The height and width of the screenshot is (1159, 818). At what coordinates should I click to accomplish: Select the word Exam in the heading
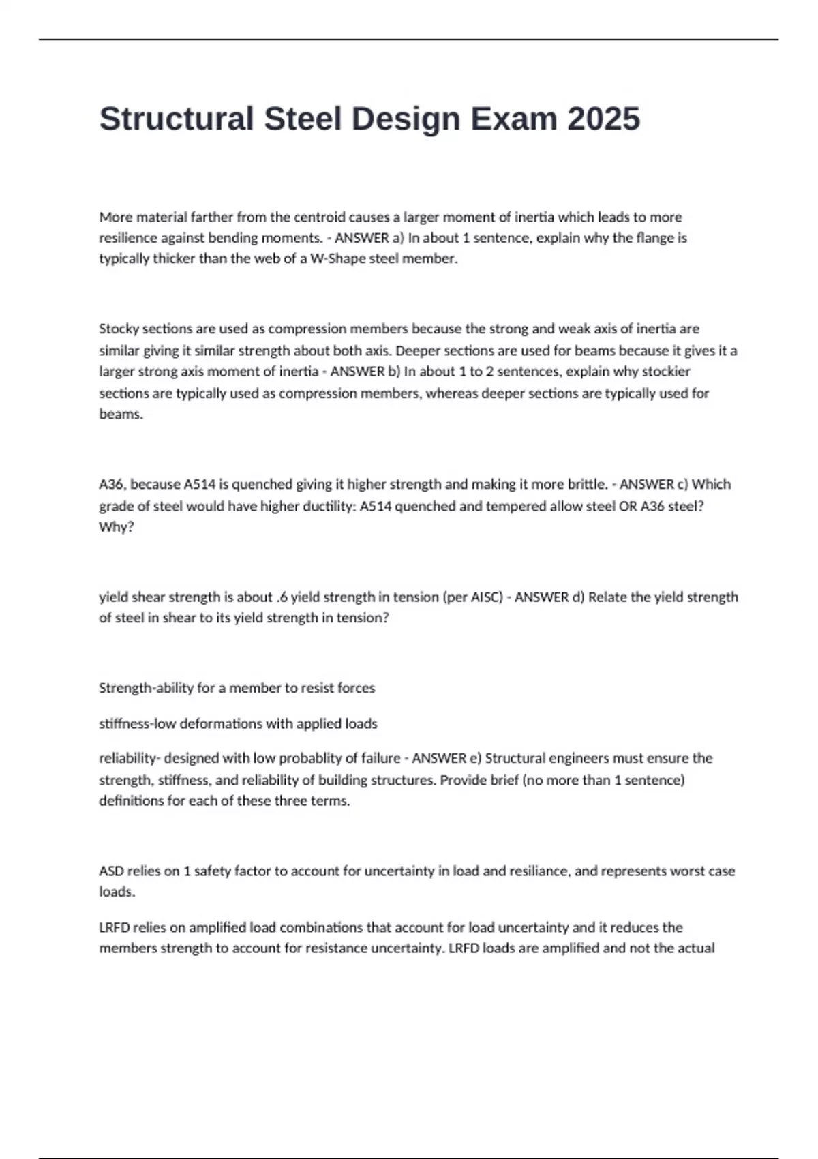[513, 119]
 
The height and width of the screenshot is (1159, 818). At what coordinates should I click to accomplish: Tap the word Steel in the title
[303, 119]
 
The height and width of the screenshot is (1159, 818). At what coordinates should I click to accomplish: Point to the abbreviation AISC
[487, 597]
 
